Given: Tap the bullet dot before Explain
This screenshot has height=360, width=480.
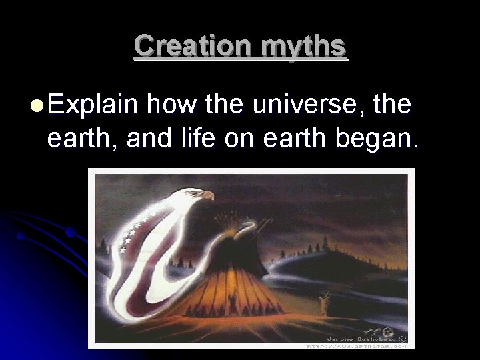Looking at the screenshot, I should click(37, 106).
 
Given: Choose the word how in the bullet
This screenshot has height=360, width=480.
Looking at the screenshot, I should click(171, 106).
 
